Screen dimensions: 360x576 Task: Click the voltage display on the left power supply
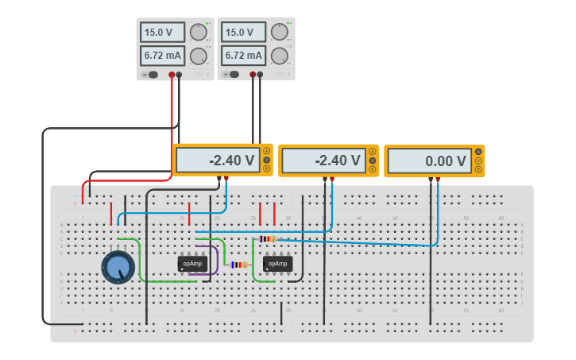[x=162, y=33]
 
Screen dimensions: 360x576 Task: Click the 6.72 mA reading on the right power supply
[x=244, y=56]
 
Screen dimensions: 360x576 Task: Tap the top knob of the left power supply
[x=198, y=32]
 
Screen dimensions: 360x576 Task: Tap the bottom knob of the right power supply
[x=279, y=56]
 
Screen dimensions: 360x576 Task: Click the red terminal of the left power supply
[x=171, y=75]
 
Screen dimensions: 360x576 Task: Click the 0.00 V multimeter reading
[x=430, y=161]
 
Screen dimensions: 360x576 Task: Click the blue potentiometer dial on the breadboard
[x=118, y=267]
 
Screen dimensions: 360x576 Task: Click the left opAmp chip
[x=192, y=263]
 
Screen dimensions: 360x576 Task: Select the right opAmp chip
[x=277, y=264]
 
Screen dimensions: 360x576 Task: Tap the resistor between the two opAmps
[x=239, y=265]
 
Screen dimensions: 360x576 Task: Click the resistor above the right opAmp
[x=268, y=238]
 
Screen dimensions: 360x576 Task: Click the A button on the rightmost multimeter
[x=478, y=152]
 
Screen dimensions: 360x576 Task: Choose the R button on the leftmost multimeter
[x=267, y=168]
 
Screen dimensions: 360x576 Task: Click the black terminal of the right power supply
[x=260, y=75]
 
